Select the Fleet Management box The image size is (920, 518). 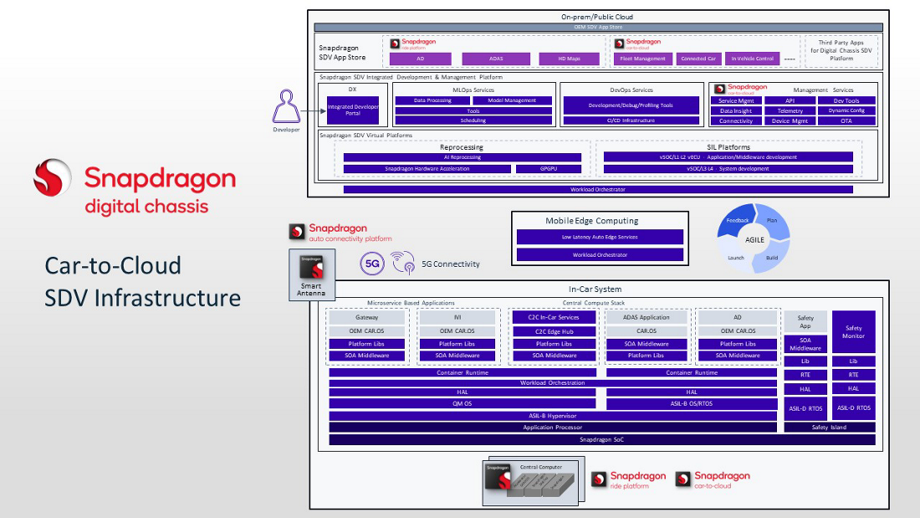[642, 59]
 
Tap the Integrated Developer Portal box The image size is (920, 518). [352, 110]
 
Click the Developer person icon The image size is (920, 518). [286, 109]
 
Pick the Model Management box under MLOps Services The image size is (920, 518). [513, 100]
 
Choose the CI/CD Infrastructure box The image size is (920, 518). [631, 121]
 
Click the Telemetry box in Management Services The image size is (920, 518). [790, 110]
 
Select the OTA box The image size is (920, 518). [846, 121]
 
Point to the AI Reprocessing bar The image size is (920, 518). [462, 157]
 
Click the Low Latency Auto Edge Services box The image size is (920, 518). [600, 237]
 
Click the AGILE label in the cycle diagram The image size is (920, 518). [754, 238]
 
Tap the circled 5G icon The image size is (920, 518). [372, 264]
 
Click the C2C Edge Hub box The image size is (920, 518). [554, 331]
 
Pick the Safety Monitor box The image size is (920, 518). [853, 332]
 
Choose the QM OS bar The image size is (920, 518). [462, 403]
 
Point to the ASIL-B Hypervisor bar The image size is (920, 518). [553, 415]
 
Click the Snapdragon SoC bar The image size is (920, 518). [601, 439]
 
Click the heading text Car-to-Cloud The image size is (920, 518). [113, 266]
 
